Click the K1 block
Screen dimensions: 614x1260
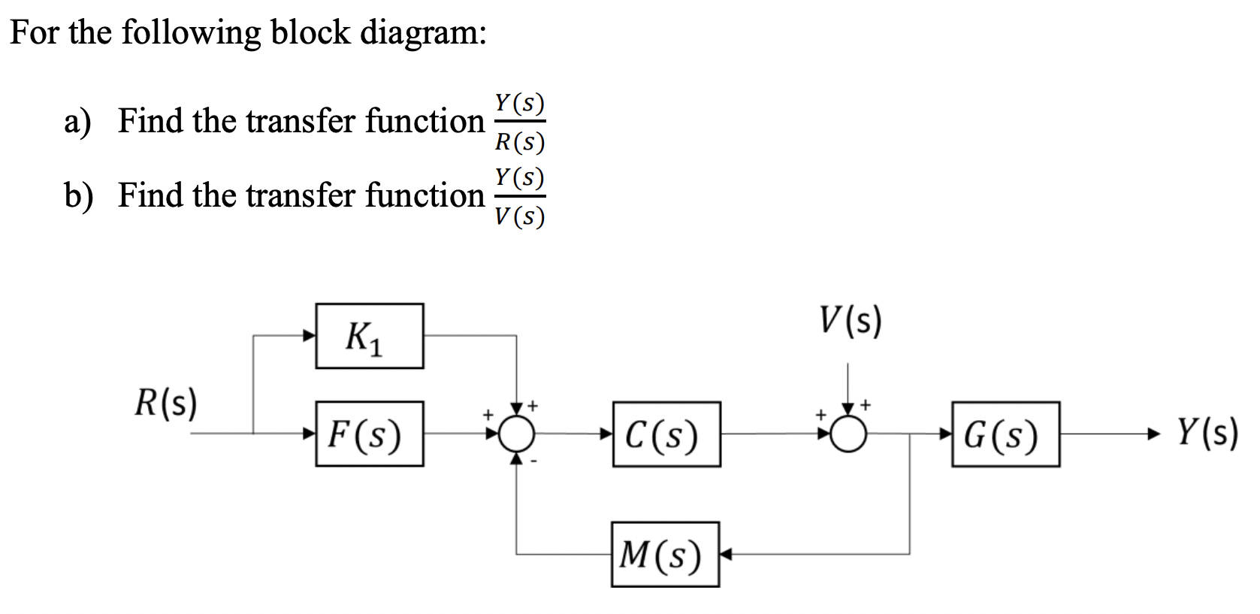pos(369,336)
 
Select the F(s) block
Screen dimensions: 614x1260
pos(369,434)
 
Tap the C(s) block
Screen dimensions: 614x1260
pos(666,434)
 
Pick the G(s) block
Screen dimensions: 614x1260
pos(1005,434)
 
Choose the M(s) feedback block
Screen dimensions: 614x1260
pos(665,555)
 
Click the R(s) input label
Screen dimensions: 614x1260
pos(166,404)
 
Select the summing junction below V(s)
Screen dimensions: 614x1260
pos(848,434)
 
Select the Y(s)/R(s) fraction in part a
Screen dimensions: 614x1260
pos(519,122)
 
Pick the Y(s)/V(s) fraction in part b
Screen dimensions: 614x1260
pos(519,197)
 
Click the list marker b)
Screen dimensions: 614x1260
pos(79,196)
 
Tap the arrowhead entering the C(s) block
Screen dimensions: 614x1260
pos(606,434)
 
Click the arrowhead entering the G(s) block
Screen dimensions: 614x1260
pos(946,434)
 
